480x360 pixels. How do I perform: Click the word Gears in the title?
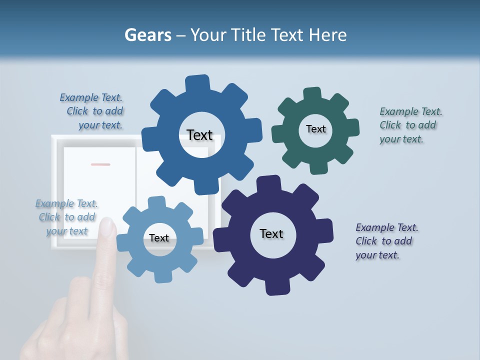coord(148,35)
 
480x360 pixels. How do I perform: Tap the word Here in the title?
coord(327,35)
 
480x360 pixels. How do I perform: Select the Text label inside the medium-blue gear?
coord(199,135)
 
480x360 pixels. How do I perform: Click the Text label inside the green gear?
coord(315,129)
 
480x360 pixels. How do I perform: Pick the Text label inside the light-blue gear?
coord(158,238)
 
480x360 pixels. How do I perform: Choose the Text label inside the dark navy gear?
coord(271,233)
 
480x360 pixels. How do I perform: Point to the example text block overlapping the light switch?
coord(66,217)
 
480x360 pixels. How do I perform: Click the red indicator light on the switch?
coord(100,164)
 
